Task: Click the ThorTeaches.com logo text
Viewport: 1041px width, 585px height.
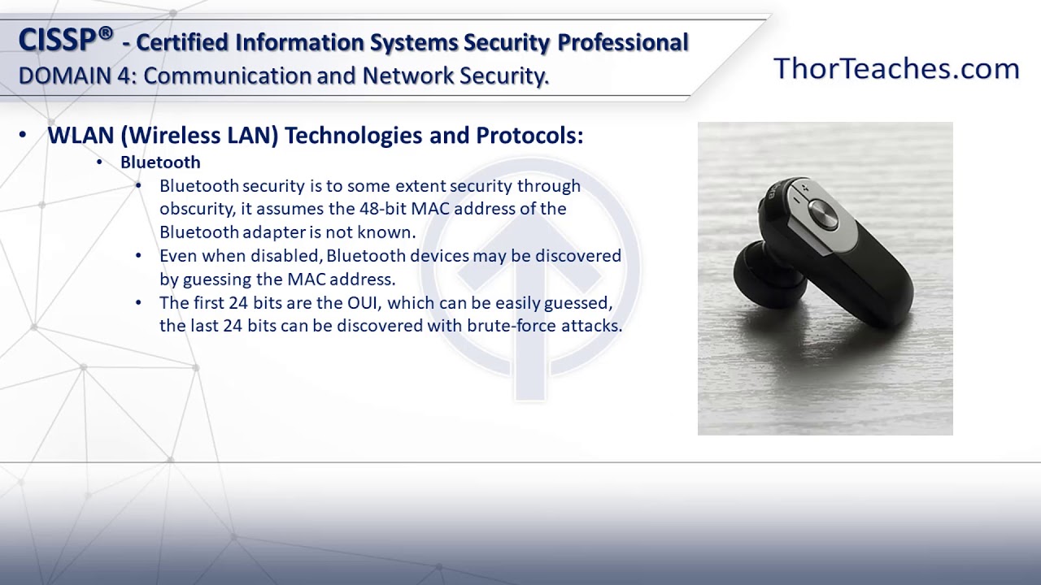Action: tap(896, 69)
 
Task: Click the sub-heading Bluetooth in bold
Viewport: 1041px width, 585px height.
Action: tap(160, 162)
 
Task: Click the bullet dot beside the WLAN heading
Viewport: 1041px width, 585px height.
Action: tap(22, 136)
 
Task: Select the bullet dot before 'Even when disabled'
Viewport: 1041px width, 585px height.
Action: tap(139, 256)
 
